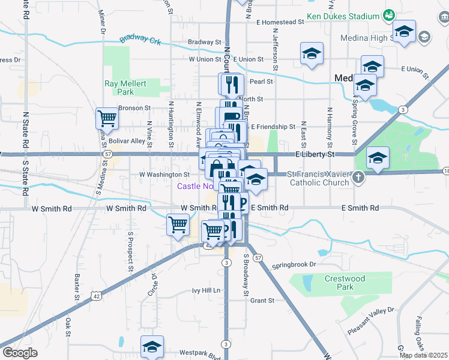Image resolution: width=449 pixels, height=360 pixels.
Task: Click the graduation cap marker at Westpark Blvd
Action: pyautogui.click(x=152, y=346)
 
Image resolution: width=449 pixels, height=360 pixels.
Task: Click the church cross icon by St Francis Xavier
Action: pyautogui.click(x=358, y=177)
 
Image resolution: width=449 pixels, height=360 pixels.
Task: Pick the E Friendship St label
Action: pyautogui.click(x=273, y=127)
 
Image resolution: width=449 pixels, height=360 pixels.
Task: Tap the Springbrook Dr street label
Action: pyautogui.click(x=294, y=265)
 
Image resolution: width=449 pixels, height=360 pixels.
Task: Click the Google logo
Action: pyautogui.click(x=19, y=353)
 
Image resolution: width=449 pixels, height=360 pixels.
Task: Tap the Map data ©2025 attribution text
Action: pyautogui.click(x=423, y=355)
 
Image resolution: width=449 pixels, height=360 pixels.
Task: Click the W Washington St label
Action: pyautogui.click(x=164, y=174)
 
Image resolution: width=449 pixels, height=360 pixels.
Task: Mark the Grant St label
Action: pyautogui.click(x=262, y=300)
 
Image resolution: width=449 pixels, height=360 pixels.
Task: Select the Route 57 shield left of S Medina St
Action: pyautogui.click(x=107, y=154)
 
